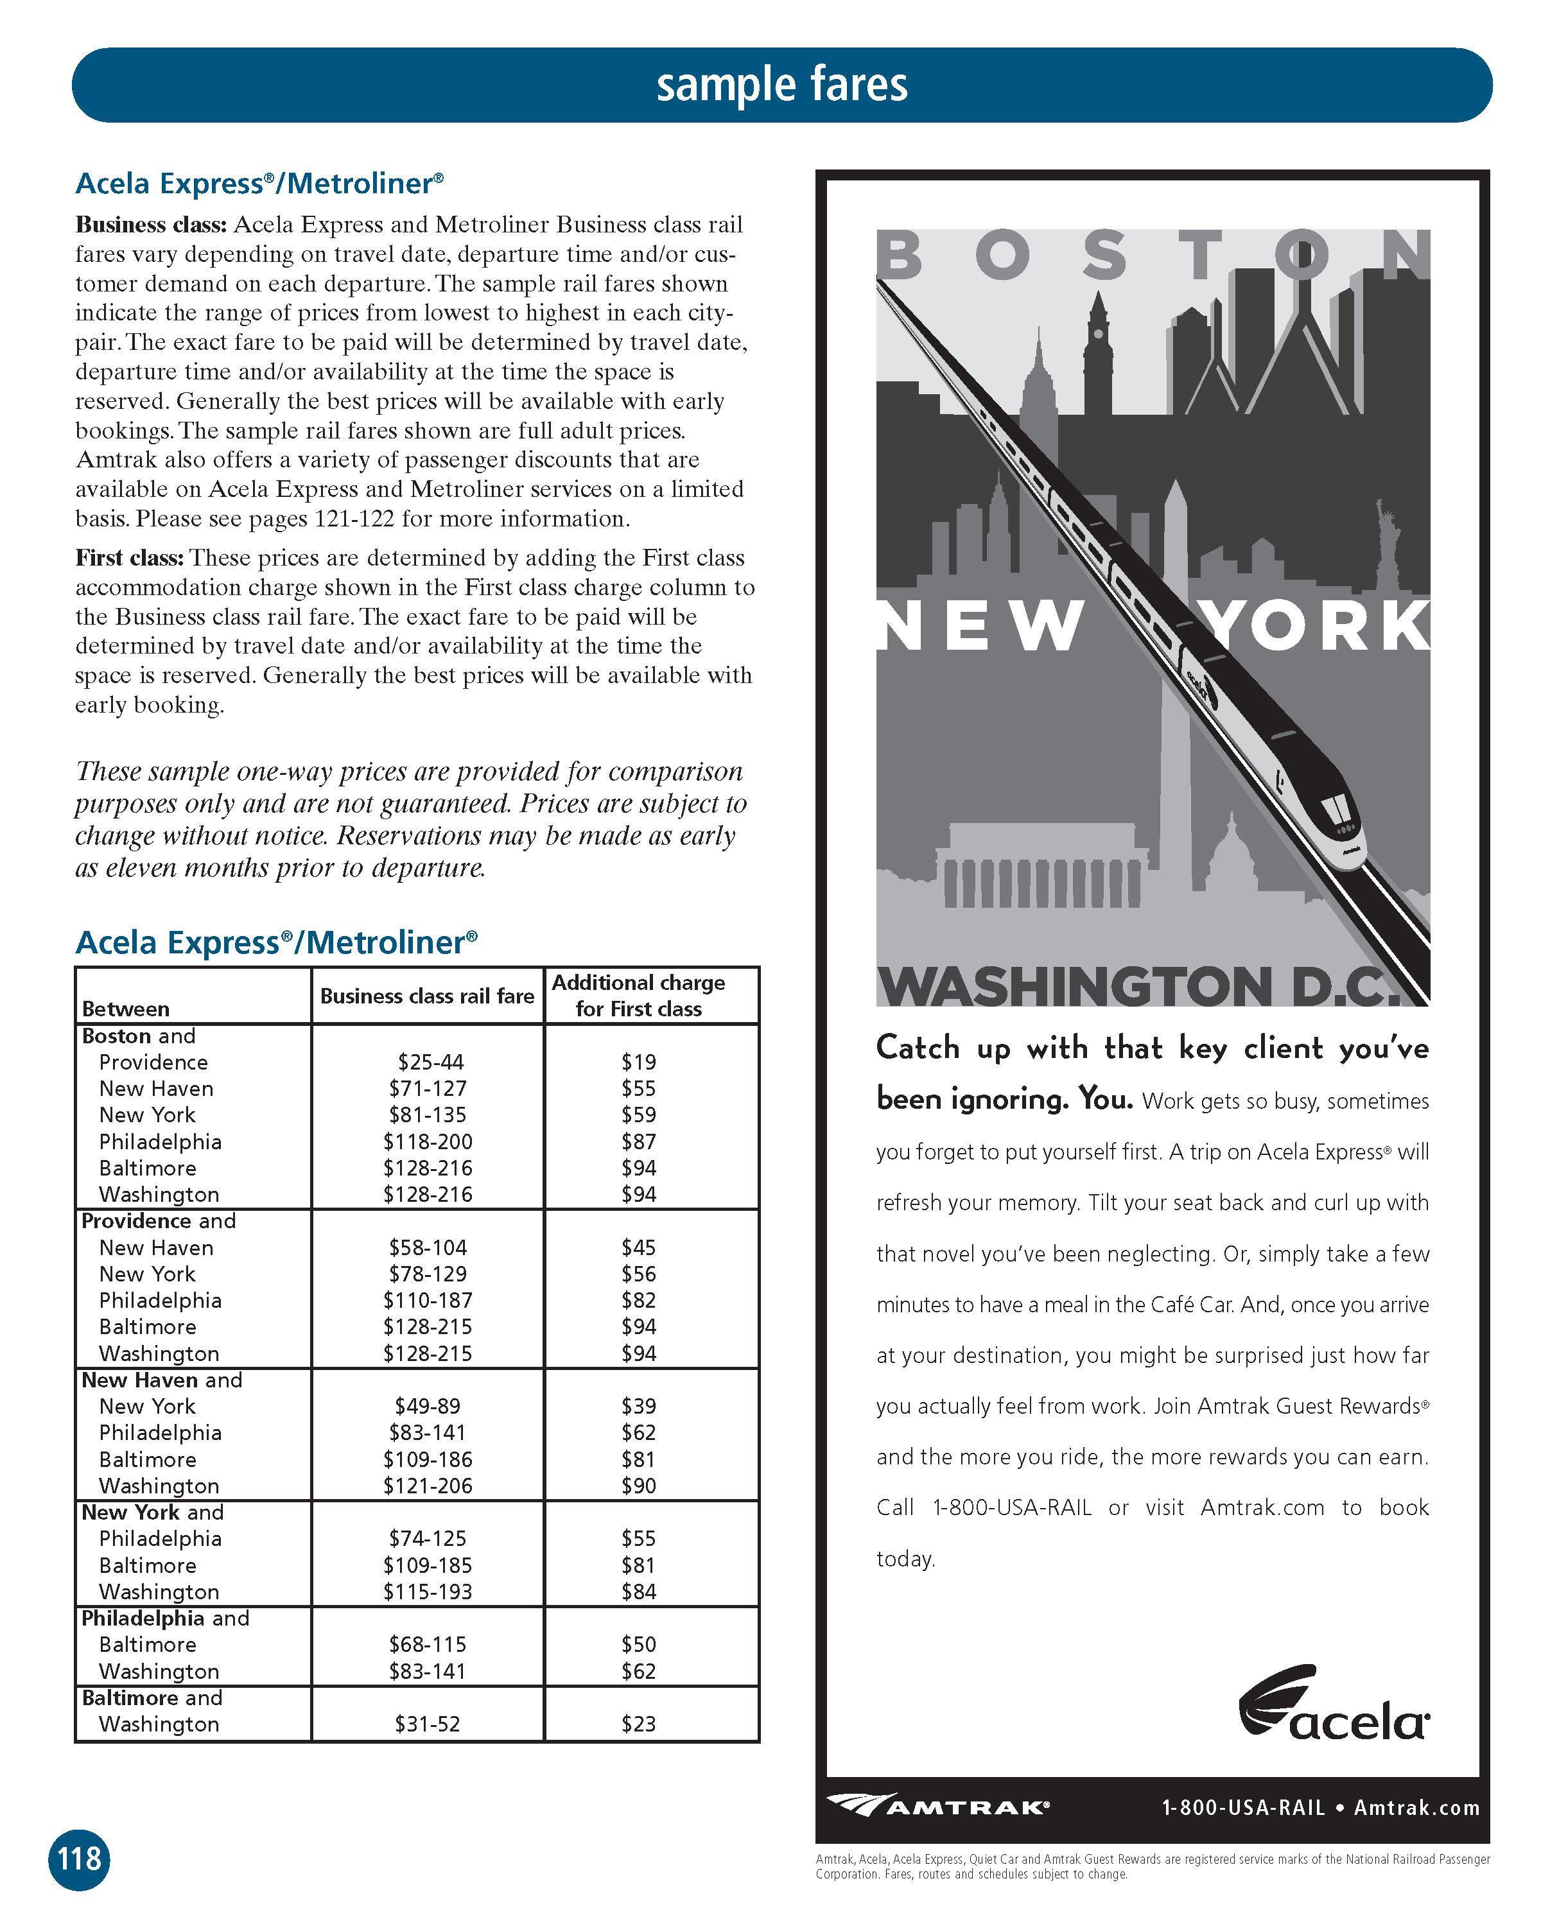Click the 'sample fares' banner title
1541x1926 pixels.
tap(781, 85)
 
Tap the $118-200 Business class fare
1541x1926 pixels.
tap(428, 1141)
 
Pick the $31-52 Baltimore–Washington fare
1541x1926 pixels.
tap(427, 1723)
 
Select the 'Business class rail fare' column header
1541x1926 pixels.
tap(427, 996)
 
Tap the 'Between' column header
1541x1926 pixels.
tap(125, 1009)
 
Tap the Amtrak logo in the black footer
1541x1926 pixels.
tap(938, 1807)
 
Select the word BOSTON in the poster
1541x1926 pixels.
tap(1153, 255)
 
